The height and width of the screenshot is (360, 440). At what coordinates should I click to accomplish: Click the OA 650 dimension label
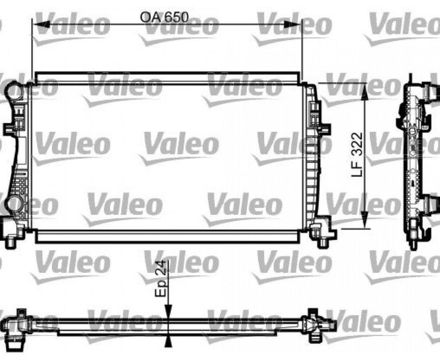coord(164,17)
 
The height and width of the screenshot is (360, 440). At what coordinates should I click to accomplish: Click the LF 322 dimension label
coord(358,155)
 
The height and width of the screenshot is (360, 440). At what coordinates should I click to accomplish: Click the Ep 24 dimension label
coord(160,279)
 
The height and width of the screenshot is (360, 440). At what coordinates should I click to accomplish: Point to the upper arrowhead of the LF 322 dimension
coord(364,92)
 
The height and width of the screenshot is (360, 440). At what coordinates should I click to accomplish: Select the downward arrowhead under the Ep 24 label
coord(168,312)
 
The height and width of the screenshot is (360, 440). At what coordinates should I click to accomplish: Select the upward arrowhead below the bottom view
coord(168,341)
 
